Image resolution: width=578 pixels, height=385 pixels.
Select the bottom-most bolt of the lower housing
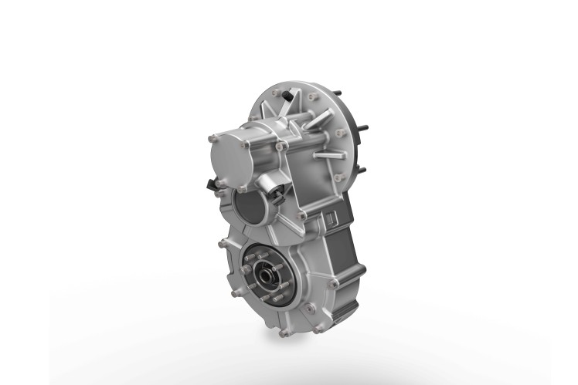tap(284, 333)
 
